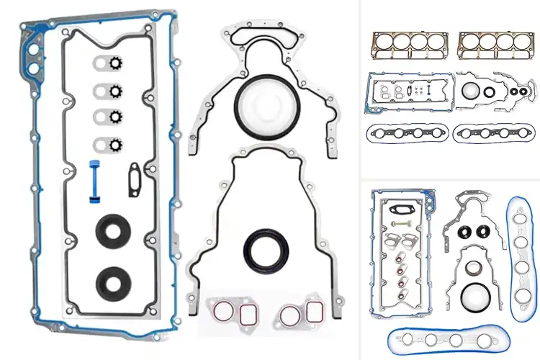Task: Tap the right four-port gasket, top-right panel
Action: pyautogui.click(x=497, y=132)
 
